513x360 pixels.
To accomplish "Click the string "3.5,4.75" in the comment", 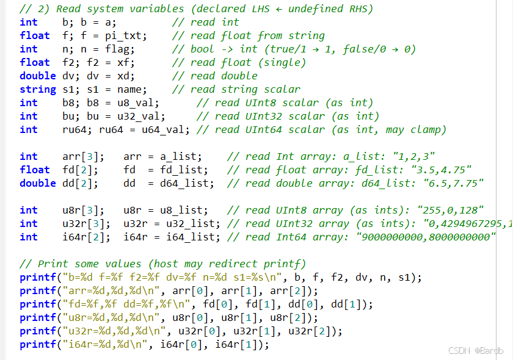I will [444, 170].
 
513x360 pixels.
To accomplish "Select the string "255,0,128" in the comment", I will [453, 210].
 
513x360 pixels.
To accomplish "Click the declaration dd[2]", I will [80, 183].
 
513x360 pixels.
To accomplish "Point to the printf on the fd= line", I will [38, 304].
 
